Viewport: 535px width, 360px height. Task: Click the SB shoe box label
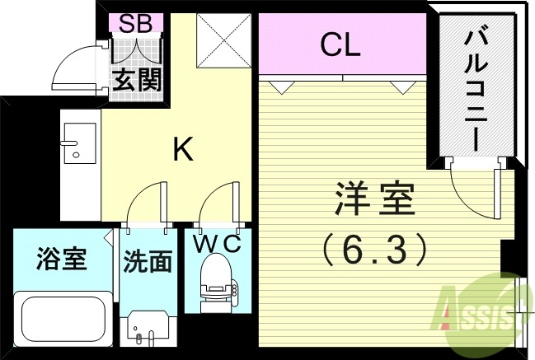(136, 23)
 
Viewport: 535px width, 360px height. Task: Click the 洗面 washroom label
(148, 261)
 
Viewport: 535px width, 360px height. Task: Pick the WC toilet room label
(217, 244)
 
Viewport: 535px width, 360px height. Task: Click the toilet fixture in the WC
(217, 280)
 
